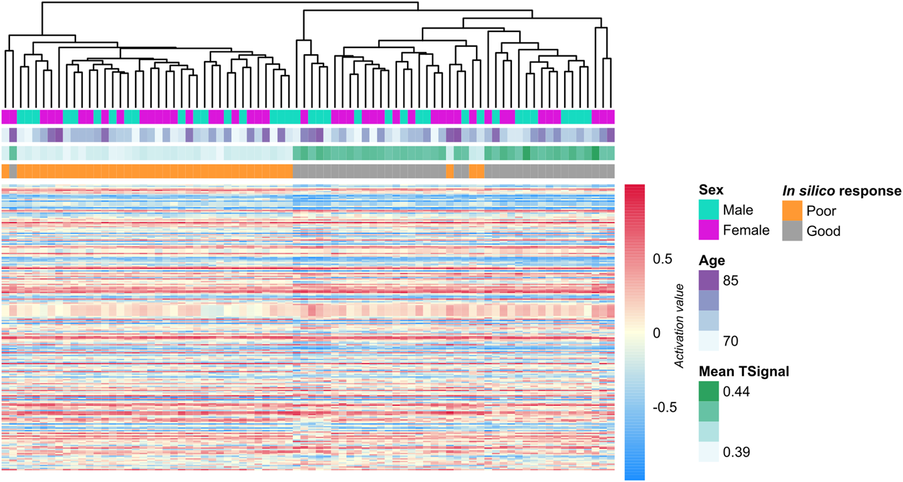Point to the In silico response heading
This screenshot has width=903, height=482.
click(842, 191)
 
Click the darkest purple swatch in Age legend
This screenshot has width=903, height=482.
click(708, 279)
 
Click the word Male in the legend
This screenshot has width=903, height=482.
click(739, 211)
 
